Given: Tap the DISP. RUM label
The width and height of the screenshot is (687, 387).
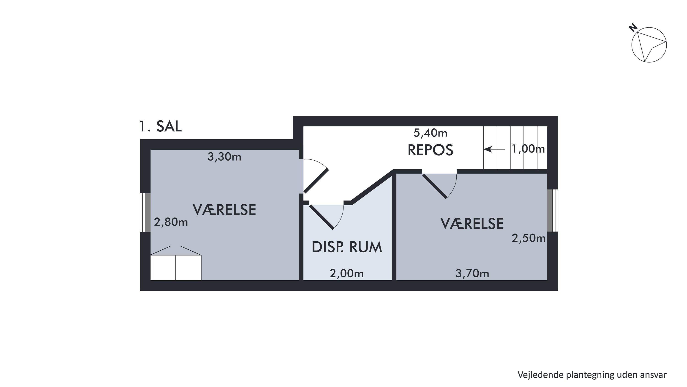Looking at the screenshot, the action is click(347, 247).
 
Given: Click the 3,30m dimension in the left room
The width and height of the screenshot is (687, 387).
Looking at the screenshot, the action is click(224, 157).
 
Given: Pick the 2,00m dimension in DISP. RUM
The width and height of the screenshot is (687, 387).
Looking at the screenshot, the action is click(346, 273).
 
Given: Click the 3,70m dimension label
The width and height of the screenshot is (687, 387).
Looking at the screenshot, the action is click(472, 273).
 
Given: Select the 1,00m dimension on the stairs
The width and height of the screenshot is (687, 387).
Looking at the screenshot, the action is click(528, 149).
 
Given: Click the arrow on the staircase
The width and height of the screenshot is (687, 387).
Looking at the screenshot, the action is click(494, 149).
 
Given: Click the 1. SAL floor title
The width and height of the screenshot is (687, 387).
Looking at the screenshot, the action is click(160, 126).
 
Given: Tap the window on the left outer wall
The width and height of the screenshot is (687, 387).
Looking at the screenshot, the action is click(145, 212).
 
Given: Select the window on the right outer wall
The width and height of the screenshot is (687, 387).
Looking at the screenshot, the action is click(552, 210).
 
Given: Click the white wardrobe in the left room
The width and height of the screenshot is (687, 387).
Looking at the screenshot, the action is click(176, 268).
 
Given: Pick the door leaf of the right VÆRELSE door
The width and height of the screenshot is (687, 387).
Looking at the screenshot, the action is click(434, 186).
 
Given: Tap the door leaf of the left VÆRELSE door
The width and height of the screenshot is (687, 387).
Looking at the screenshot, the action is click(316, 181).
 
